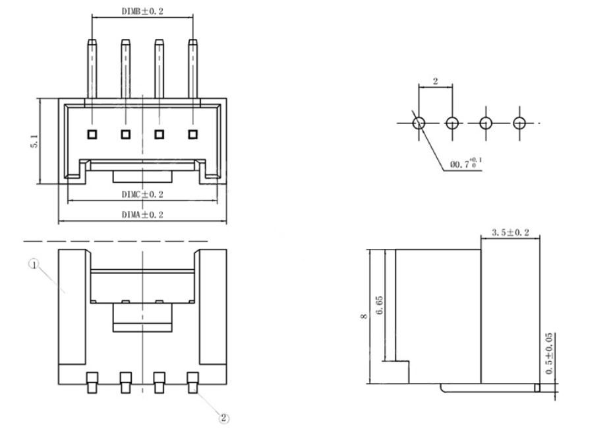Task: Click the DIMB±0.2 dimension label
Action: (142, 12)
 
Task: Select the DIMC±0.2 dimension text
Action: (142, 194)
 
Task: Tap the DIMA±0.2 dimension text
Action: (142, 215)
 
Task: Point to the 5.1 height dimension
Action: (34, 141)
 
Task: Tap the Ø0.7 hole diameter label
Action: (465, 162)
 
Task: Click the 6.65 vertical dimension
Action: (379, 304)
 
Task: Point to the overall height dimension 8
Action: (363, 316)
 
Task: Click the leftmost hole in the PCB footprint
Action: (419, 123)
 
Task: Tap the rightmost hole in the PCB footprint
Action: (520, 123)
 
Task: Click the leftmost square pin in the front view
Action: (91, 135)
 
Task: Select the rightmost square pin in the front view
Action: (192, 135)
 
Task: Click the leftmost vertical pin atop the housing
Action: (91, 69)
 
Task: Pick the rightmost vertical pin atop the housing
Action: (192, 69)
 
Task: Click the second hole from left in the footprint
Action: (452, 123)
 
